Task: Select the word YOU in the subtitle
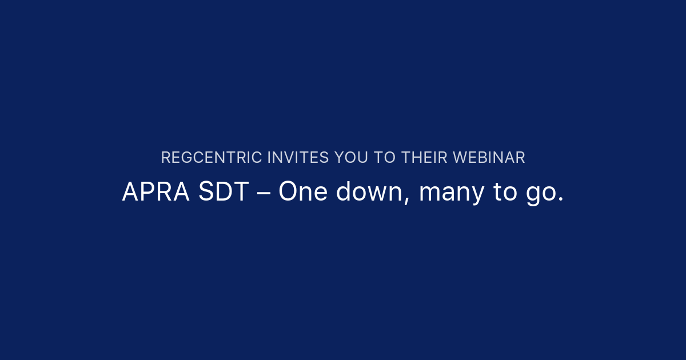350,158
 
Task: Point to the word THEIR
424,158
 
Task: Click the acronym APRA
155,193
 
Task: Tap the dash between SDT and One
264,193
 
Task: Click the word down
372,193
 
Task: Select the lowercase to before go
505,193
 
